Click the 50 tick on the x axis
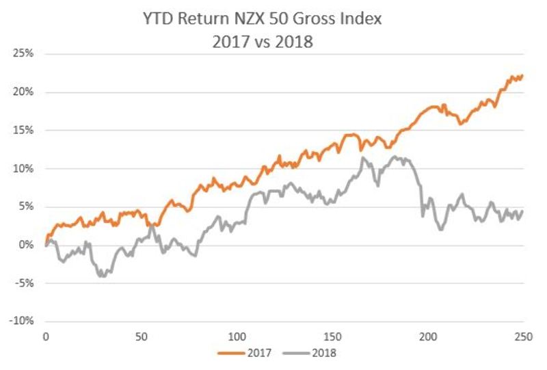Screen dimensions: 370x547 pyautogui.click(x=141, y=337)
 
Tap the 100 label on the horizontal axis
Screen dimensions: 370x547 pyautogui.click(x=237, y=337)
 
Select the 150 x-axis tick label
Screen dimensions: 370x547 pyautogui.click(x=332, y=337)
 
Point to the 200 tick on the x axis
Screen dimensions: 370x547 pyautogui.click(x=428, y=337)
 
